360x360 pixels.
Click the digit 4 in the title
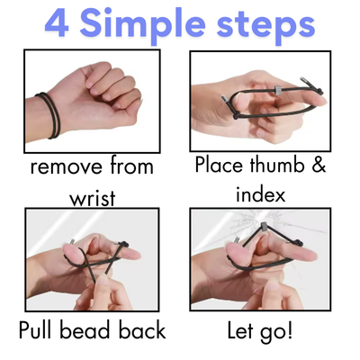(x=57, y=23)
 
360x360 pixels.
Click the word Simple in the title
(x=142, y=25)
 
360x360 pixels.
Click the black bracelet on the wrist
(x=49, y=115)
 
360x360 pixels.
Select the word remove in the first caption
(x=66, y=167)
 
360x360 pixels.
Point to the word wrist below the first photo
(x=93, y=198)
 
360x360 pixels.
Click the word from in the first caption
(x=131, y=166)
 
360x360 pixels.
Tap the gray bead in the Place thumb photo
(x=279, y=90)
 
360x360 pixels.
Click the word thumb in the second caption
(x=277, y=165)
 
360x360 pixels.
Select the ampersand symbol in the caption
(x=319, y=165)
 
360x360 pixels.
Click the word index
(x=260, y=194)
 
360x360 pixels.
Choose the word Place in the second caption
(x=219, y=165)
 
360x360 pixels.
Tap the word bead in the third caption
(x=85, y=330)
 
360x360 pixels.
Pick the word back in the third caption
(x=142, y=330)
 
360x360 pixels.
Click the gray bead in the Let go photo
(x=265, y=226)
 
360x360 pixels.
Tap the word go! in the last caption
(x=276, y=332)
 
